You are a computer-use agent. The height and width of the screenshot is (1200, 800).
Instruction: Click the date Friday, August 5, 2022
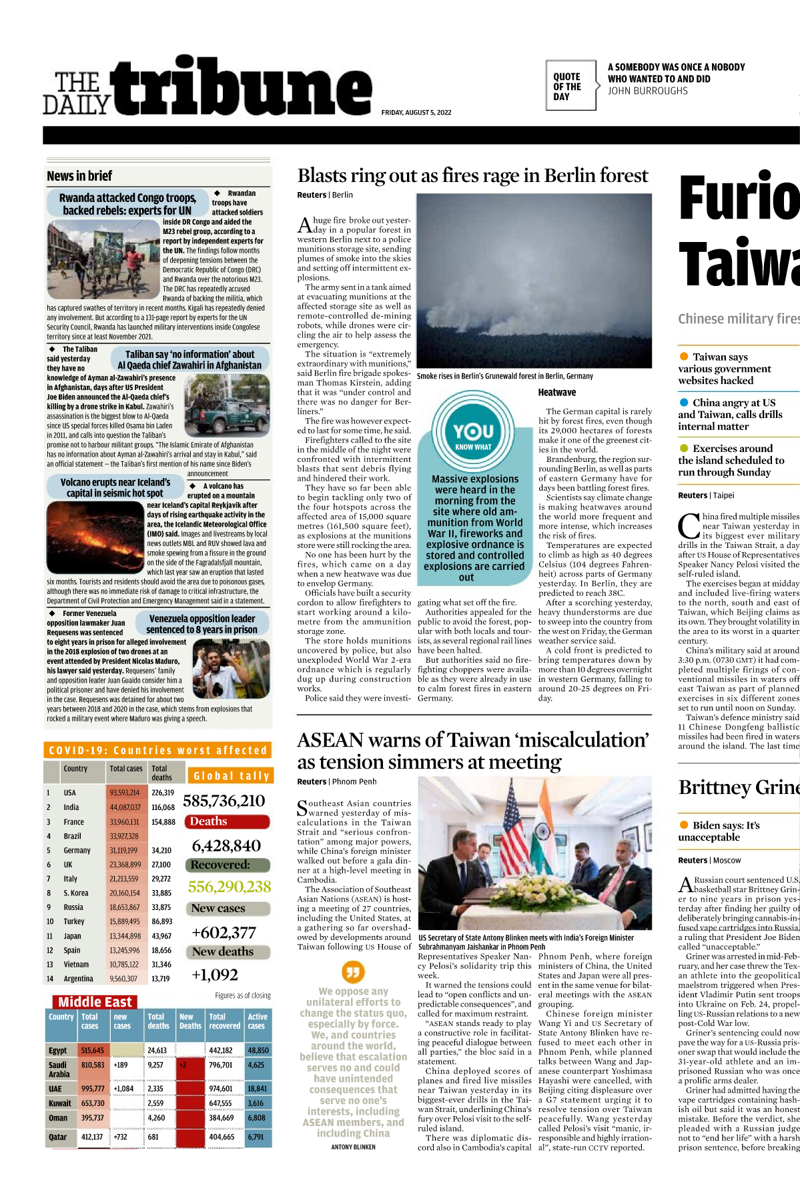point(416,113)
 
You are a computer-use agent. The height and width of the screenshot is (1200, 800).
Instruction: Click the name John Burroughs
point(647,91)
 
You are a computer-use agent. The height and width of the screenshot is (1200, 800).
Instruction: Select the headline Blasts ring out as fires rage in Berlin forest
point(472,176)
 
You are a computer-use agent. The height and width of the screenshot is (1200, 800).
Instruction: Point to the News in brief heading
point(79,176)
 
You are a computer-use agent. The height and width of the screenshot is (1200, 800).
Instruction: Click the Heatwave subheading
point(556,393)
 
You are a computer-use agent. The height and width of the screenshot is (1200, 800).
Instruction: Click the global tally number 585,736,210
point(224,801)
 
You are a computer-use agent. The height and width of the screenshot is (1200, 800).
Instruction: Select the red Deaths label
point(209,821)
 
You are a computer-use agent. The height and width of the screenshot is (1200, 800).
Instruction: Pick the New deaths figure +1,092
point(215,975)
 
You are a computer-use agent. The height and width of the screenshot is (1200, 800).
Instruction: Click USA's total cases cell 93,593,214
point(125,793)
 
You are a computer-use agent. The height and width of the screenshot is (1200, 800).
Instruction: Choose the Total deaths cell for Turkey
point(162,921)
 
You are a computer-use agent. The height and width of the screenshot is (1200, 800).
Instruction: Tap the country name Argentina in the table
point(78,979)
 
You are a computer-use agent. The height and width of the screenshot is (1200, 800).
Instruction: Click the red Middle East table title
point(95,1001)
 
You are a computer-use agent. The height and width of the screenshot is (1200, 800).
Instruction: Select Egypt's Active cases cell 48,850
point(258,1050)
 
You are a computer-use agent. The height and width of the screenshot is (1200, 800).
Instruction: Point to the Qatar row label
point(58,1137)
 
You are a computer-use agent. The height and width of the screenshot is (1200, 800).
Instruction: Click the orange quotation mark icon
point(353,971)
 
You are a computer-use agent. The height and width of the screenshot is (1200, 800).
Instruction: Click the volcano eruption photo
point(95,539)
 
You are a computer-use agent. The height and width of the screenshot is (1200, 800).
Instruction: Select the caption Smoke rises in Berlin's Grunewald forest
point(504,376)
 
